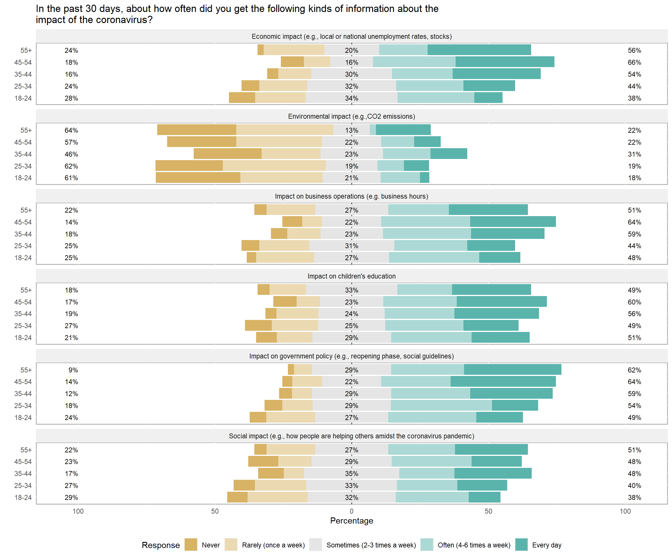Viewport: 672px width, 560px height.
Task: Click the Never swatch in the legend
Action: (191, 545)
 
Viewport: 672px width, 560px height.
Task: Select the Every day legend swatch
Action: (521, 545)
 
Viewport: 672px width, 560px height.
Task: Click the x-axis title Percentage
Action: (351, 521)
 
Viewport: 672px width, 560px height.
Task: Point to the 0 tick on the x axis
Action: (351, 511)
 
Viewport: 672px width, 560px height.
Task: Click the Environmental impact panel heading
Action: (351, 116)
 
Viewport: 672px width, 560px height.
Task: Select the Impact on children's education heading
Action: (351, 276)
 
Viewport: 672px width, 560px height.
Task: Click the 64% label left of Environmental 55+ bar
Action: (71, 130)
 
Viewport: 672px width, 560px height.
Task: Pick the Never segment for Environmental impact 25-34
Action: (189, 166)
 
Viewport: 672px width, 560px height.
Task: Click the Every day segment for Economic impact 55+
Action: (479, 50)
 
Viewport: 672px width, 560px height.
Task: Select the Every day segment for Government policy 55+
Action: (512, 370)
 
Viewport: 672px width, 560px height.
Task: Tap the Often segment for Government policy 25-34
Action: (441, 405)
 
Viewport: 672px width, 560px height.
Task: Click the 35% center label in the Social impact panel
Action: (351, 474)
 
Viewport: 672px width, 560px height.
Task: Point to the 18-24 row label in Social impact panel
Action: (23, 498)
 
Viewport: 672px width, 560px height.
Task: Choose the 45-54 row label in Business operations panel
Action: (23, 222)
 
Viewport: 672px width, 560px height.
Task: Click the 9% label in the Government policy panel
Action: (73, 370)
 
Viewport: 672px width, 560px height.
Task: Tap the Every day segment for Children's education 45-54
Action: (501, 302)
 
